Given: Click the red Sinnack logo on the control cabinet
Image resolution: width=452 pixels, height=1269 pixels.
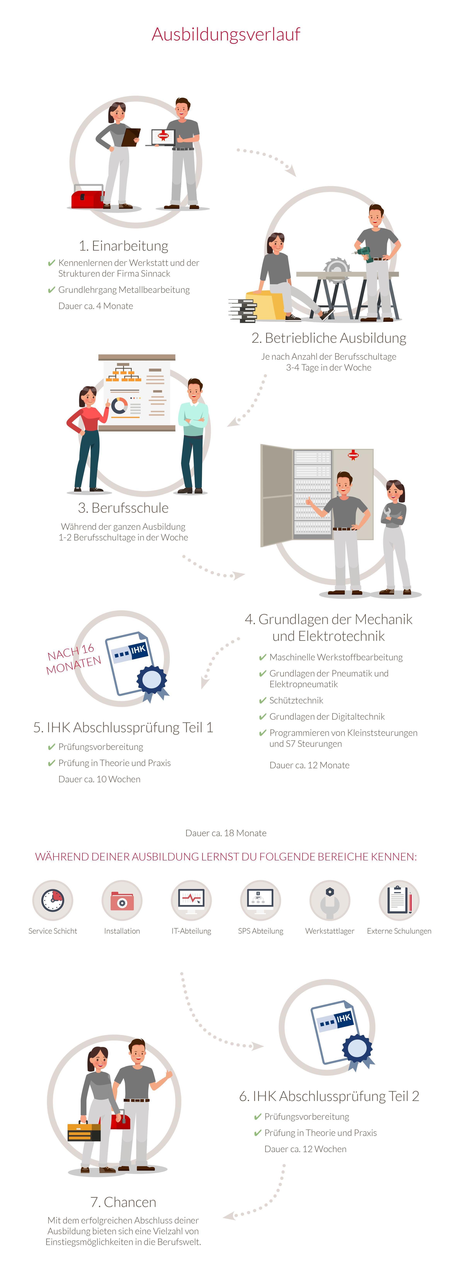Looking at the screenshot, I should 353,455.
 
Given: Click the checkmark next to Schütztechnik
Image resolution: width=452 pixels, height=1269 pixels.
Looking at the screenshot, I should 263,700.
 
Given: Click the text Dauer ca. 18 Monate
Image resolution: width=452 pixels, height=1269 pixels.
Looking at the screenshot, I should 226,833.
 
